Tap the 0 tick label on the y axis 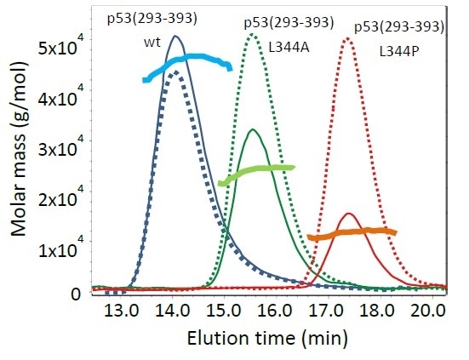click(x=76, y=294)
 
